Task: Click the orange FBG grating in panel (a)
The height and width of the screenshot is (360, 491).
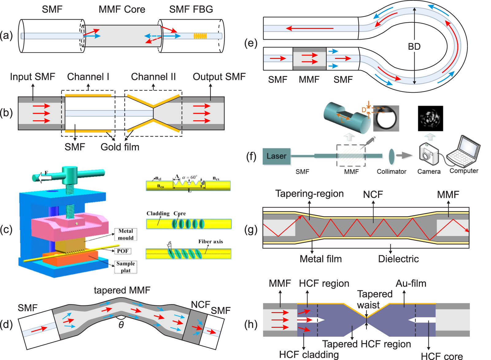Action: [200, 36]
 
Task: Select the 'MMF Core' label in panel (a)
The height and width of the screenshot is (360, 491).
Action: [122, 9]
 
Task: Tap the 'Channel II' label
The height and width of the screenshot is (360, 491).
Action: [153, 76]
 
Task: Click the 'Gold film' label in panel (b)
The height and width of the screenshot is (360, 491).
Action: [120, 147]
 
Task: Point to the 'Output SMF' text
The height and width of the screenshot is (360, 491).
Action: [219, 76]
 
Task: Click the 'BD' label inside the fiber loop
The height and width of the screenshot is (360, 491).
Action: [414, 47]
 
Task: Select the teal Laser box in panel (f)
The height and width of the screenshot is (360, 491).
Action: [276, 156]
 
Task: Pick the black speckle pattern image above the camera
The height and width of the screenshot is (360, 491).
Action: [430, 118]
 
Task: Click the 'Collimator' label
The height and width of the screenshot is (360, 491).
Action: [392, 172]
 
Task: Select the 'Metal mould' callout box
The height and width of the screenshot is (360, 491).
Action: [126, 234]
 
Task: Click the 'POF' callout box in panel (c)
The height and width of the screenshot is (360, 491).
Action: [123, 251]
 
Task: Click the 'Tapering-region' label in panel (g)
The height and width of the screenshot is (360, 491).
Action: [309, 194]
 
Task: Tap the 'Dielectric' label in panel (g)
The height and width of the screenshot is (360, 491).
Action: [398, 259]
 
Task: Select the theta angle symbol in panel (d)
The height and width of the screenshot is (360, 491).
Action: [121, 325]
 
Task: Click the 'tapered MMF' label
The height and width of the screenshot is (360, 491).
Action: [122, 290]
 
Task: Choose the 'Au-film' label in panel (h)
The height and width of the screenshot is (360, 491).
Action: [411, 283]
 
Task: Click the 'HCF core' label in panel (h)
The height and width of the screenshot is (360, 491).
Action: [442, 356]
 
